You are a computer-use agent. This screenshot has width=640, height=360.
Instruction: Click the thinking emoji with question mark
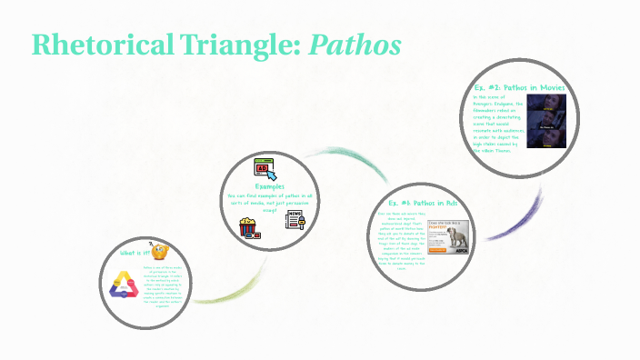(160, 252)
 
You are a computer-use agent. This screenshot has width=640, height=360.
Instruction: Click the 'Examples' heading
(270, 186)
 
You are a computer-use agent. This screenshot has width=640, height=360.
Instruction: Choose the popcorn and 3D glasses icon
(249, 225)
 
